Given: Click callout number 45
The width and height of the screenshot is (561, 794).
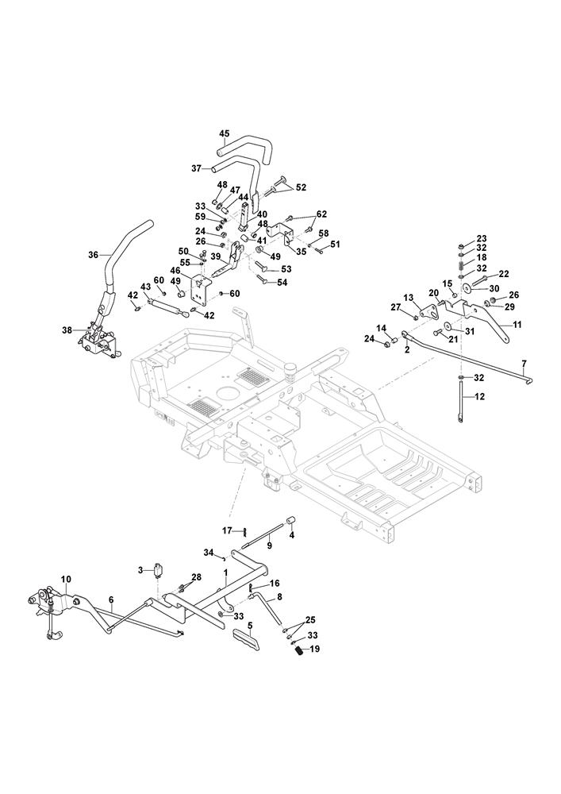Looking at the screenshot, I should click(x=225, y=133).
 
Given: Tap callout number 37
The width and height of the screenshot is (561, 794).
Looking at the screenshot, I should click(x=196, y=168).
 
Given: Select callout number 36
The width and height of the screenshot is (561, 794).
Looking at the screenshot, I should click(x=94, y=255).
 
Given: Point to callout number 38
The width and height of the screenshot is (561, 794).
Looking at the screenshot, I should click(x=66, y=330).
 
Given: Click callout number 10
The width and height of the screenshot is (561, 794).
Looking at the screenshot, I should click(x=66, y=580).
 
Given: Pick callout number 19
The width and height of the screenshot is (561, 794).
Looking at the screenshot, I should click(x=314, y=649).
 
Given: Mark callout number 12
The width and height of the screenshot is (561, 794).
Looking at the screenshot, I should click(x=479, y=395).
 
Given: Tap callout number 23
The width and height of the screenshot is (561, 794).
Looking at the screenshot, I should click(x=482, y=239).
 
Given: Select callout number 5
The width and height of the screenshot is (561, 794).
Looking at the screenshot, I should click(x=249, y=626).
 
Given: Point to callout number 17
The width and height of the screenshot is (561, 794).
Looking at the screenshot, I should click(x=226, y=530).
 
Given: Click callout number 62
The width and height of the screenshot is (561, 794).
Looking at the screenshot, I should click(x=321, y=214).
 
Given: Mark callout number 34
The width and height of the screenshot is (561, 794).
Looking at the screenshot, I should click(x=209, y=551).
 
